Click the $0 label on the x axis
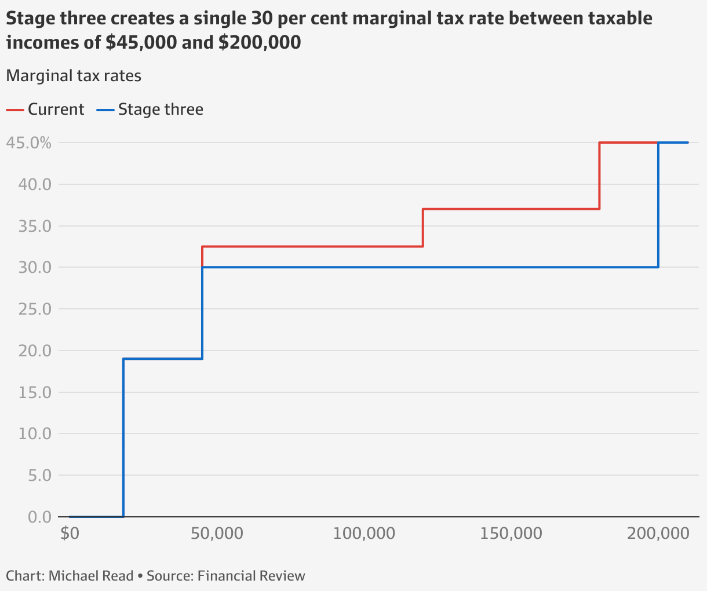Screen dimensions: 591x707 pos(70,533)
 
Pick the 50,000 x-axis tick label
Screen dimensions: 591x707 pos(217,533)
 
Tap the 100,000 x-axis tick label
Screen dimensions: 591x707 pos(364,533)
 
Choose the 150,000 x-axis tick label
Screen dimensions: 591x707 pos(511,533)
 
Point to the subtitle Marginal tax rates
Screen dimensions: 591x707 pos(74,76)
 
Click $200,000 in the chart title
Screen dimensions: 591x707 pos(260,42)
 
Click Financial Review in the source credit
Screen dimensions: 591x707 pos(251,576)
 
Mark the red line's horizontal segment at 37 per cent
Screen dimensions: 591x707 pos(511,209)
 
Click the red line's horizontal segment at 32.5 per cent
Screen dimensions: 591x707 pos(313,246)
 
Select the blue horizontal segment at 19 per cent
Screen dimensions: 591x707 pos(163,359)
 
